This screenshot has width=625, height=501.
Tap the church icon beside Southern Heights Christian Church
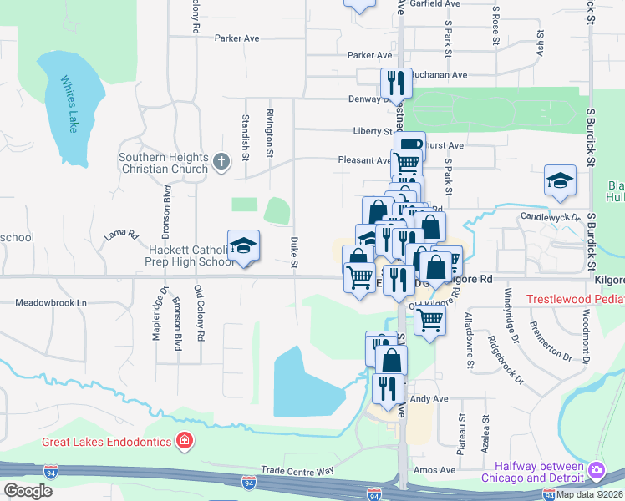pyautogui.click(x=221, y=161)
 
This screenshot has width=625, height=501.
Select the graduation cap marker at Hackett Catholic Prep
pyautogui.click(x=244, y=245)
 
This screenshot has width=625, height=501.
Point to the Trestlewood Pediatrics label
pyautogui.click(x=575, y=299)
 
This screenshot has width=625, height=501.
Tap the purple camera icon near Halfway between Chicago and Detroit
pyautogui.click(x=596, y=471)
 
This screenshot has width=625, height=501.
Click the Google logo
pyautogui.click(x=28, y=491)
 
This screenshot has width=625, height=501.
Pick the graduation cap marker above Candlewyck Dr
pyautogui.click(x=560, y=180)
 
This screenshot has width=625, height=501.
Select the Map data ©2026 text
pyautogui.click(x=589, y=494)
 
